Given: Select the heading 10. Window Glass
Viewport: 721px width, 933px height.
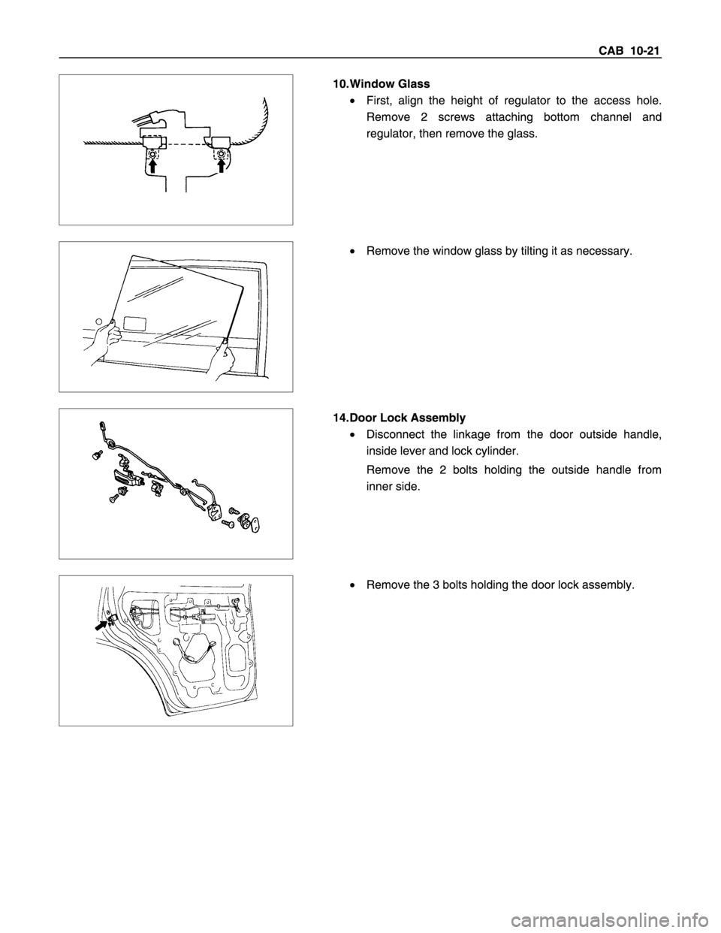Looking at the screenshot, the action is [382, 83].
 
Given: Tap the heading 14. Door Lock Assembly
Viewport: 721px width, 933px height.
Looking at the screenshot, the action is [399, 418].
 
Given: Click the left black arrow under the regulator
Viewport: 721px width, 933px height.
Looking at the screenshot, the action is [152, 166].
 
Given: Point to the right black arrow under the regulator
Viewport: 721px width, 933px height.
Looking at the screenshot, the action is [222, 166].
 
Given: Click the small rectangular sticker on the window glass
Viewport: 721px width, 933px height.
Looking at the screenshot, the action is [134, 325].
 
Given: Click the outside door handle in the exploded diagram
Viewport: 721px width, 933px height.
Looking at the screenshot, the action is [127, 479].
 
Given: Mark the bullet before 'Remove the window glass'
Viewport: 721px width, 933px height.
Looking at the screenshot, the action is [352, 251].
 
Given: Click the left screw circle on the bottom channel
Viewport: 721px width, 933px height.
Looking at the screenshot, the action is [152, 154].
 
